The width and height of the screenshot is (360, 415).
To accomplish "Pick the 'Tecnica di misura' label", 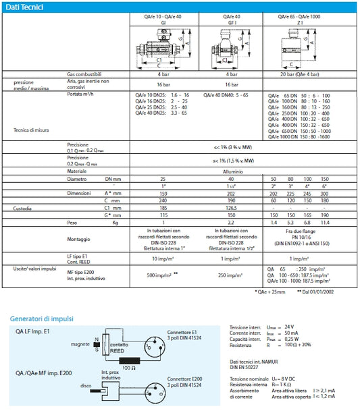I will point(30,129).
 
